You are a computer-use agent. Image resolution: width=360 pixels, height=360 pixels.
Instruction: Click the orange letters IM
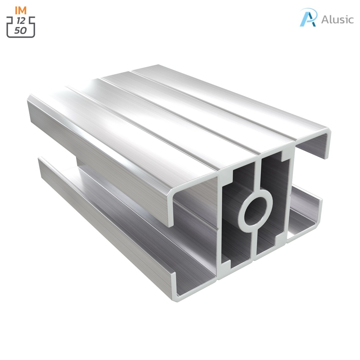tap(21, 10)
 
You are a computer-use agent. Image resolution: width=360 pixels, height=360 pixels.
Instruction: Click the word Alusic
tap(337, 20)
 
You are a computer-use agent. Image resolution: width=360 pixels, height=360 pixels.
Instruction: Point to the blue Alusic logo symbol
tap(308, 17)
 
